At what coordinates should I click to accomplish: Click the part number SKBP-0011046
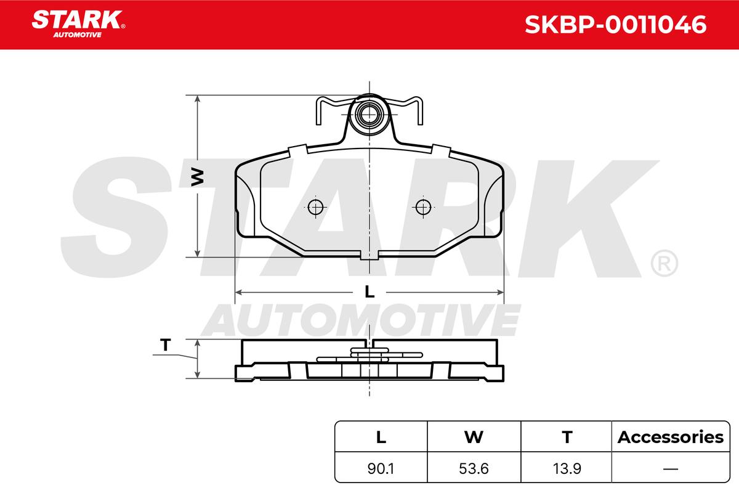[x=616, y=25]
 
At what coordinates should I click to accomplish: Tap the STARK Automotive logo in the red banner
[x=79, y=24]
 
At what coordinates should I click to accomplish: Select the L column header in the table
[x=381, y=437]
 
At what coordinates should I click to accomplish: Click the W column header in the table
[x=474, y=437]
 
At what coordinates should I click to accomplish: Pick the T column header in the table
[x=567, y=437]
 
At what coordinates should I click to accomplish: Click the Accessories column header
[x=671, y=437]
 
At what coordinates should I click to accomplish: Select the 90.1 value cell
[x=381, y=468]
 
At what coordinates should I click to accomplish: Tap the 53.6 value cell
[x=474, y=468]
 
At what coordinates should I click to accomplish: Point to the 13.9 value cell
[x=567, y=468]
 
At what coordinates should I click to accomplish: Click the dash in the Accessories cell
[x=671, y=469]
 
